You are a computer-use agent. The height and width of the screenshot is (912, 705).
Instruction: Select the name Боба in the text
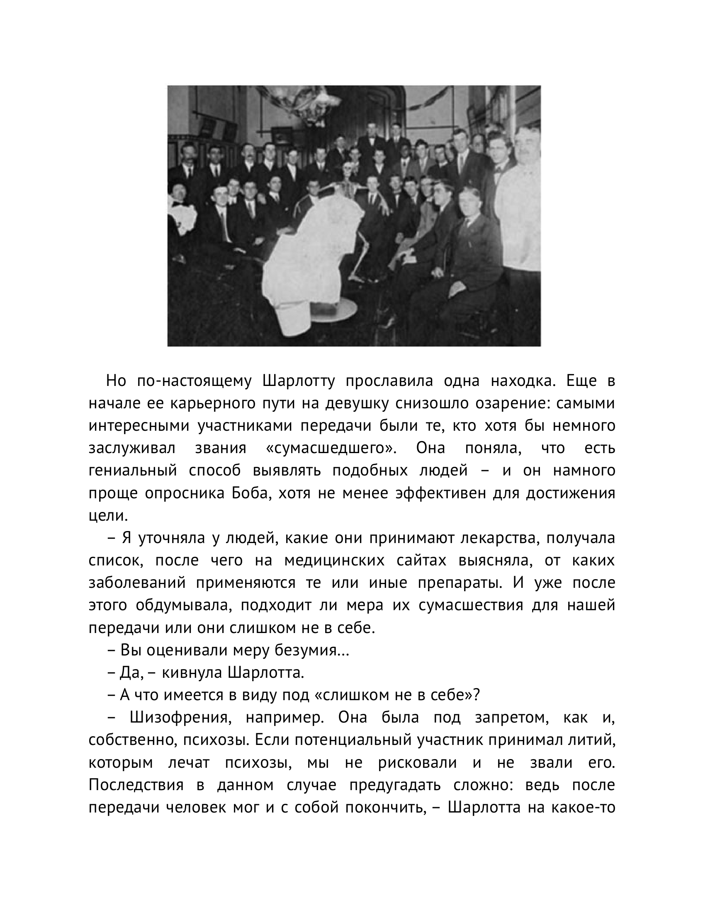pyautogui.click(x=250, y=493)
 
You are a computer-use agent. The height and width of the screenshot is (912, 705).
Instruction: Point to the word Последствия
pyautogui.click(x=136, y=785)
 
